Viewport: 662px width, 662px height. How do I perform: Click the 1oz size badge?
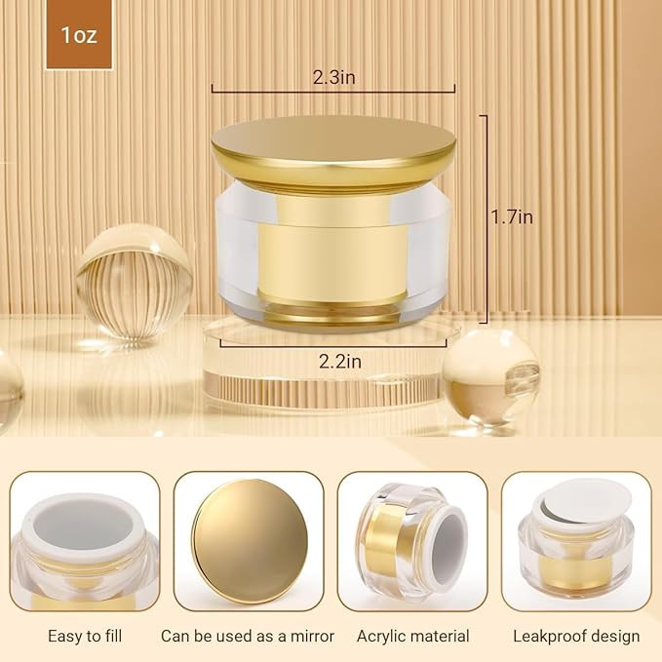[x=79, y=35]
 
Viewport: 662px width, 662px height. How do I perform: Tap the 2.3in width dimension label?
[x=333, y=77]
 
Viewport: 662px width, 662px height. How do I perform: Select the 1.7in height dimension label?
[x=512, y=217]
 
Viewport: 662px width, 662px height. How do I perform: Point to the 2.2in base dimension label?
[x=340, y=362]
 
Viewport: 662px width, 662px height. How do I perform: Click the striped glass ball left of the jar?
[x=135, y=281]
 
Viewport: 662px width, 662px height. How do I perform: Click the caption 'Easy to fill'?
[x=85, y=636]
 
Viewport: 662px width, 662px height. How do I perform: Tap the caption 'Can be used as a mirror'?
[x=248, y=636]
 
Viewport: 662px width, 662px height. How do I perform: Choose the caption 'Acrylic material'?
[x=413, y=636]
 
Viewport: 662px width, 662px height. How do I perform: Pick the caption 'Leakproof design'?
[x=576, y=637]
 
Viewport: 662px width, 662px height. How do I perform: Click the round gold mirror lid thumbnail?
[x=250, y=541]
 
